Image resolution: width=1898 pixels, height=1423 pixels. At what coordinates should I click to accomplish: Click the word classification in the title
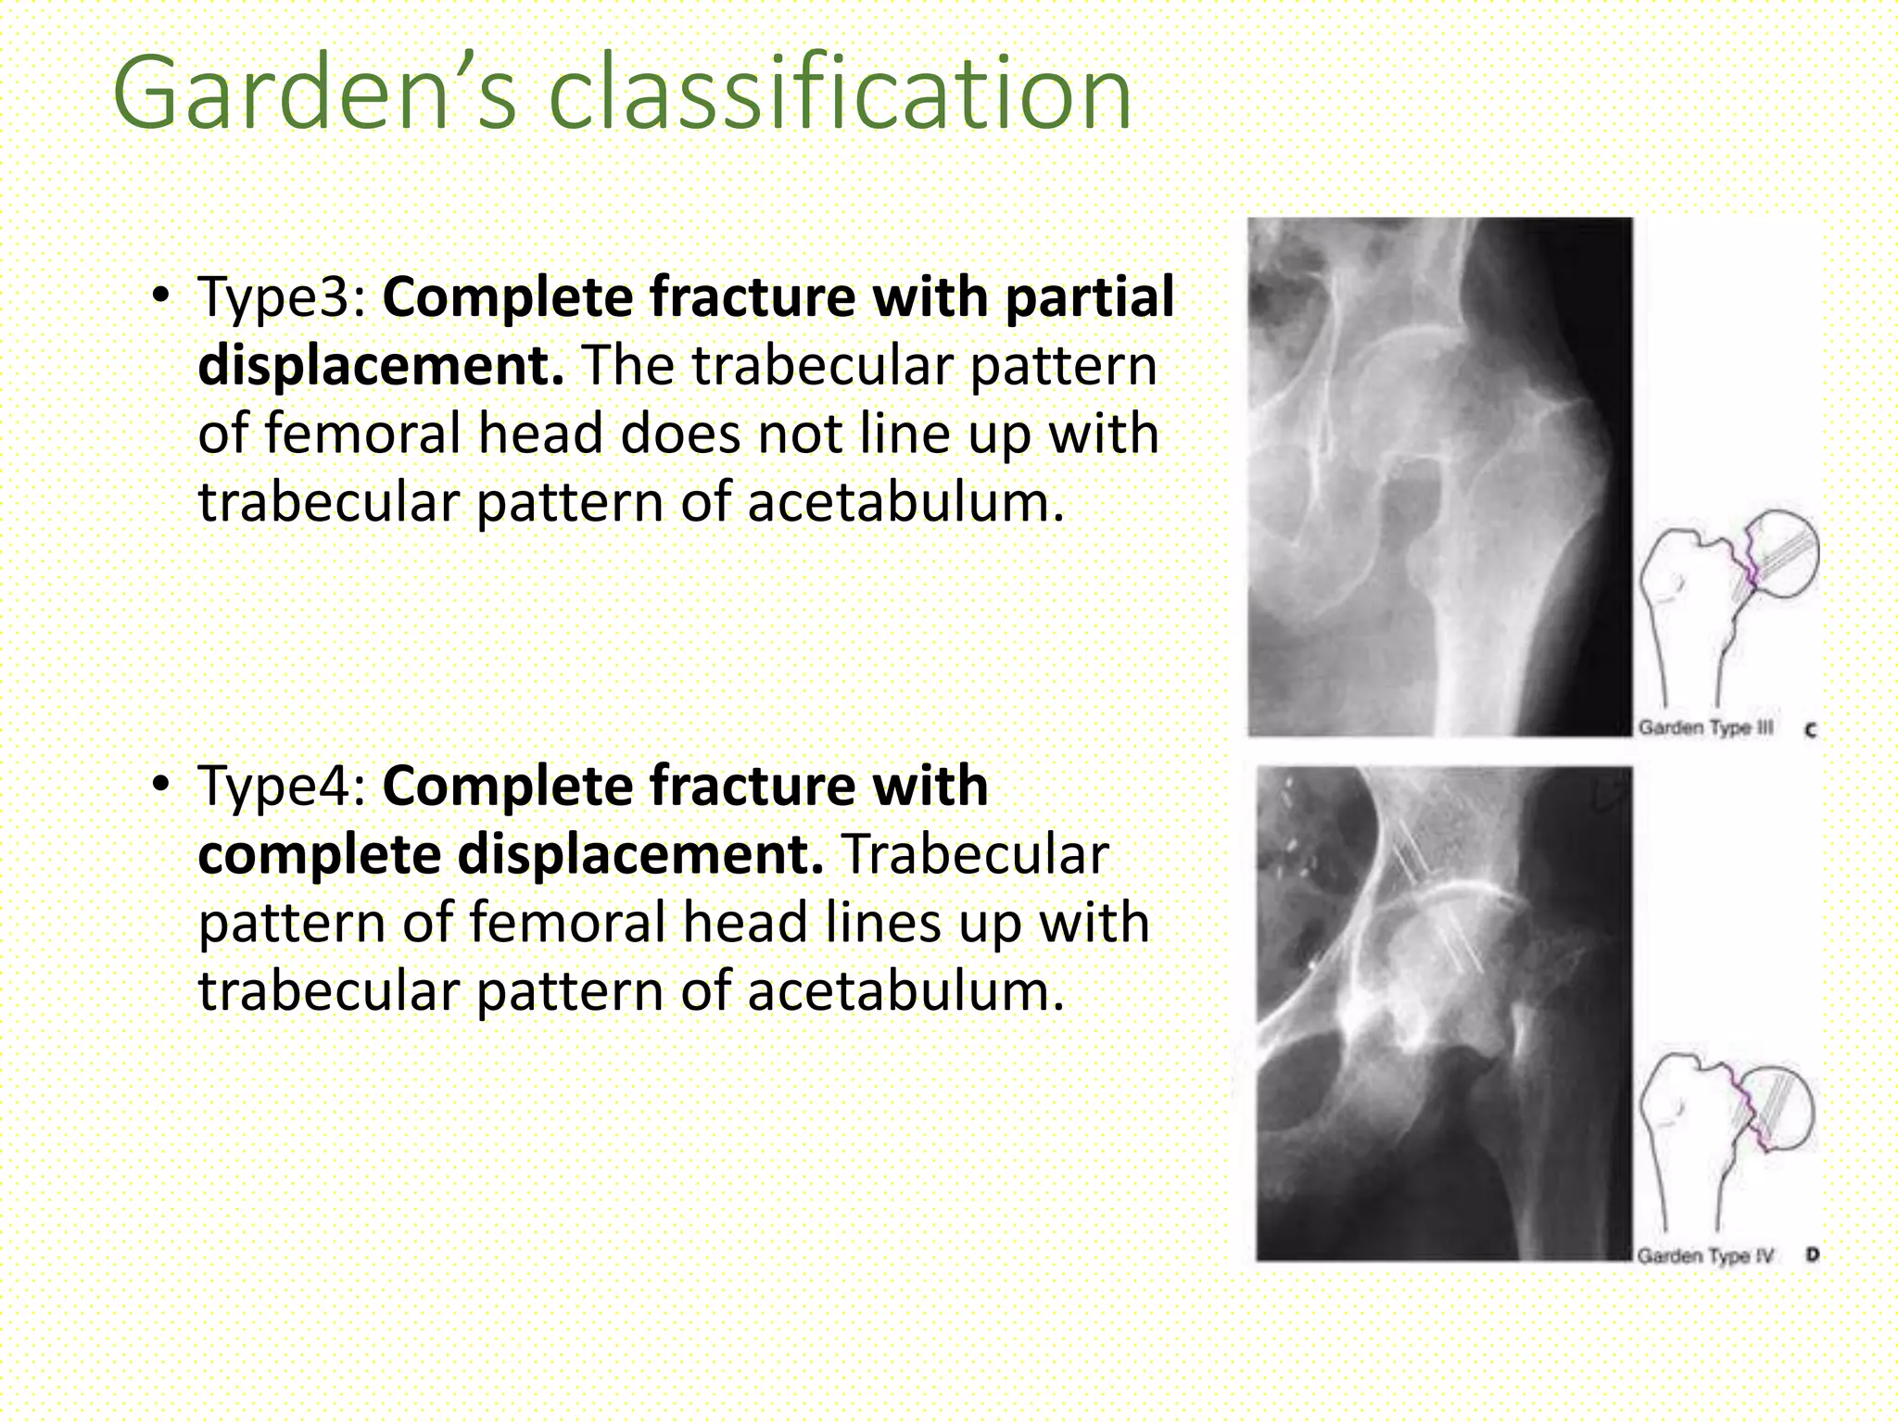(x=840, y=94)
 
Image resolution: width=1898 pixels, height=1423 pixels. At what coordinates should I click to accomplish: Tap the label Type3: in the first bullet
(x=283, y=297)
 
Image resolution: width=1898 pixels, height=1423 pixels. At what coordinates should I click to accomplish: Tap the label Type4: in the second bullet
(x=283, y=787)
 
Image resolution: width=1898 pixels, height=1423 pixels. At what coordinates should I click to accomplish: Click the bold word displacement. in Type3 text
(x=380, y=366)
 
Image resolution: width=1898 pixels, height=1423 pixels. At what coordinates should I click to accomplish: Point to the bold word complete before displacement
(x=319, y=855)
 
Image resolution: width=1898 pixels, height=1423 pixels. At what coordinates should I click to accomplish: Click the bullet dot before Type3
(x=161, y=297)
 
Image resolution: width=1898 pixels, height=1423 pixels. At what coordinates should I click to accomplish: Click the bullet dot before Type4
(x=161, y=786)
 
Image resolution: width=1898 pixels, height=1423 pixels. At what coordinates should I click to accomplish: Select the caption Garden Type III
(x=1705, y=728)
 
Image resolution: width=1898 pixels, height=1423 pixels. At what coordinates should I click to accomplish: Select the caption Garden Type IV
(x=1704, y=1256)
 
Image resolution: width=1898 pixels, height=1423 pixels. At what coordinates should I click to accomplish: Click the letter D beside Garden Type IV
(x=1813, y=1255)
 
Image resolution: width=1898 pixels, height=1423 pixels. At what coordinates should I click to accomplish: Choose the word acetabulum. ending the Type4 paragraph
(x=905, y=992)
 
